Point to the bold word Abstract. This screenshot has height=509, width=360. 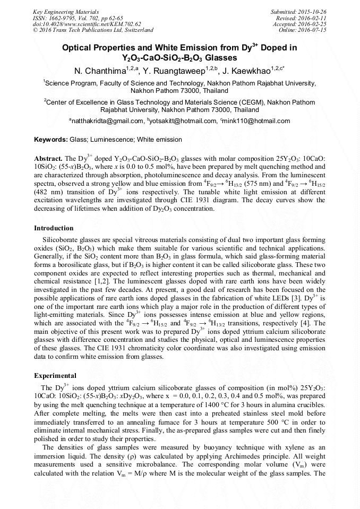click(48, 159)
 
